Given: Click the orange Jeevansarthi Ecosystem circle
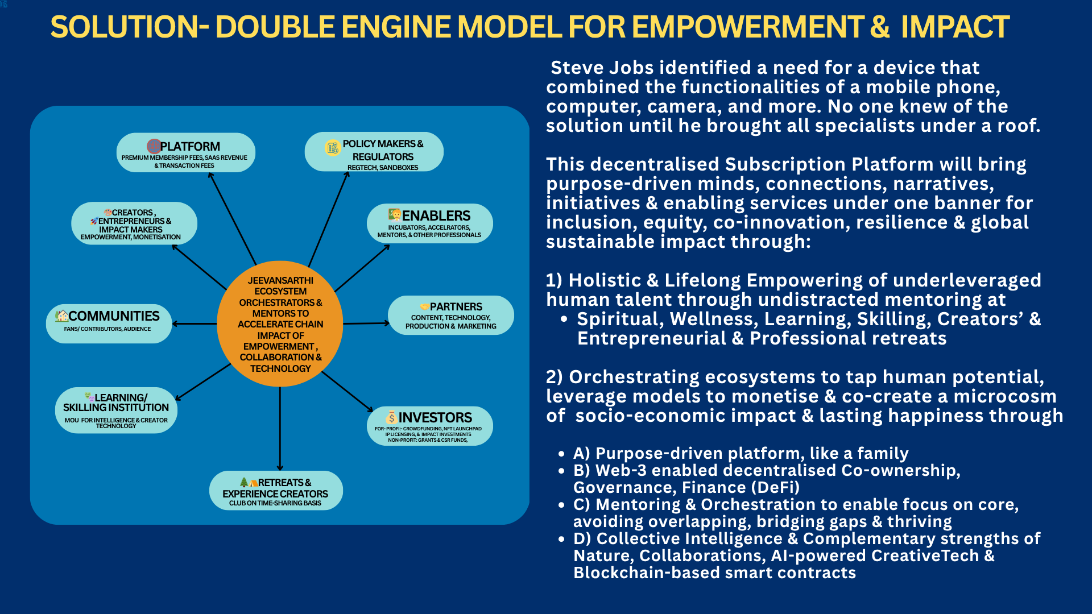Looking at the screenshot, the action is pos(280,324).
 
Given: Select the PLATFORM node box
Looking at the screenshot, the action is pos(186,153).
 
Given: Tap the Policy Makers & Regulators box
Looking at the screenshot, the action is pos(374,152).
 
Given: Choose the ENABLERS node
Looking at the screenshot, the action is pos(430,223).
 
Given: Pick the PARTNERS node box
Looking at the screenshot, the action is pos(451,316).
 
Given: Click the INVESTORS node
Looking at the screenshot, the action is pos(430,426).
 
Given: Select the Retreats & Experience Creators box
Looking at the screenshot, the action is pos(276,491).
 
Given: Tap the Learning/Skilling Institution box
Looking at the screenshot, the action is pos(116,410).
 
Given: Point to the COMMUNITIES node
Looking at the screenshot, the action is pos(109,323).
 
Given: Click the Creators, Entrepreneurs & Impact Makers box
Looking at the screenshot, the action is pos(134,223).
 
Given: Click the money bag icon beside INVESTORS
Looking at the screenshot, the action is pos(391,418).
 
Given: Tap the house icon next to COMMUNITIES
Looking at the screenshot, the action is pos(61,316).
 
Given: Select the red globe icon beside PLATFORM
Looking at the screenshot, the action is pos(154,146).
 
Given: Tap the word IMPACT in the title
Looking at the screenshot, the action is pos(955,27).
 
